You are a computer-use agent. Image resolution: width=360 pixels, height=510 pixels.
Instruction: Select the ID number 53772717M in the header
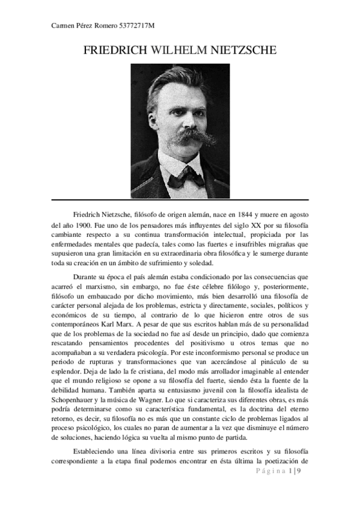(x=142, y=25)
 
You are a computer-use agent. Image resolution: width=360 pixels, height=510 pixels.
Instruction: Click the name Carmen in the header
(x=58, y=25)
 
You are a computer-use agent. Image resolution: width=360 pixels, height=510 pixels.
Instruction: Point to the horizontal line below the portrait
(x=180, y=199)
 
